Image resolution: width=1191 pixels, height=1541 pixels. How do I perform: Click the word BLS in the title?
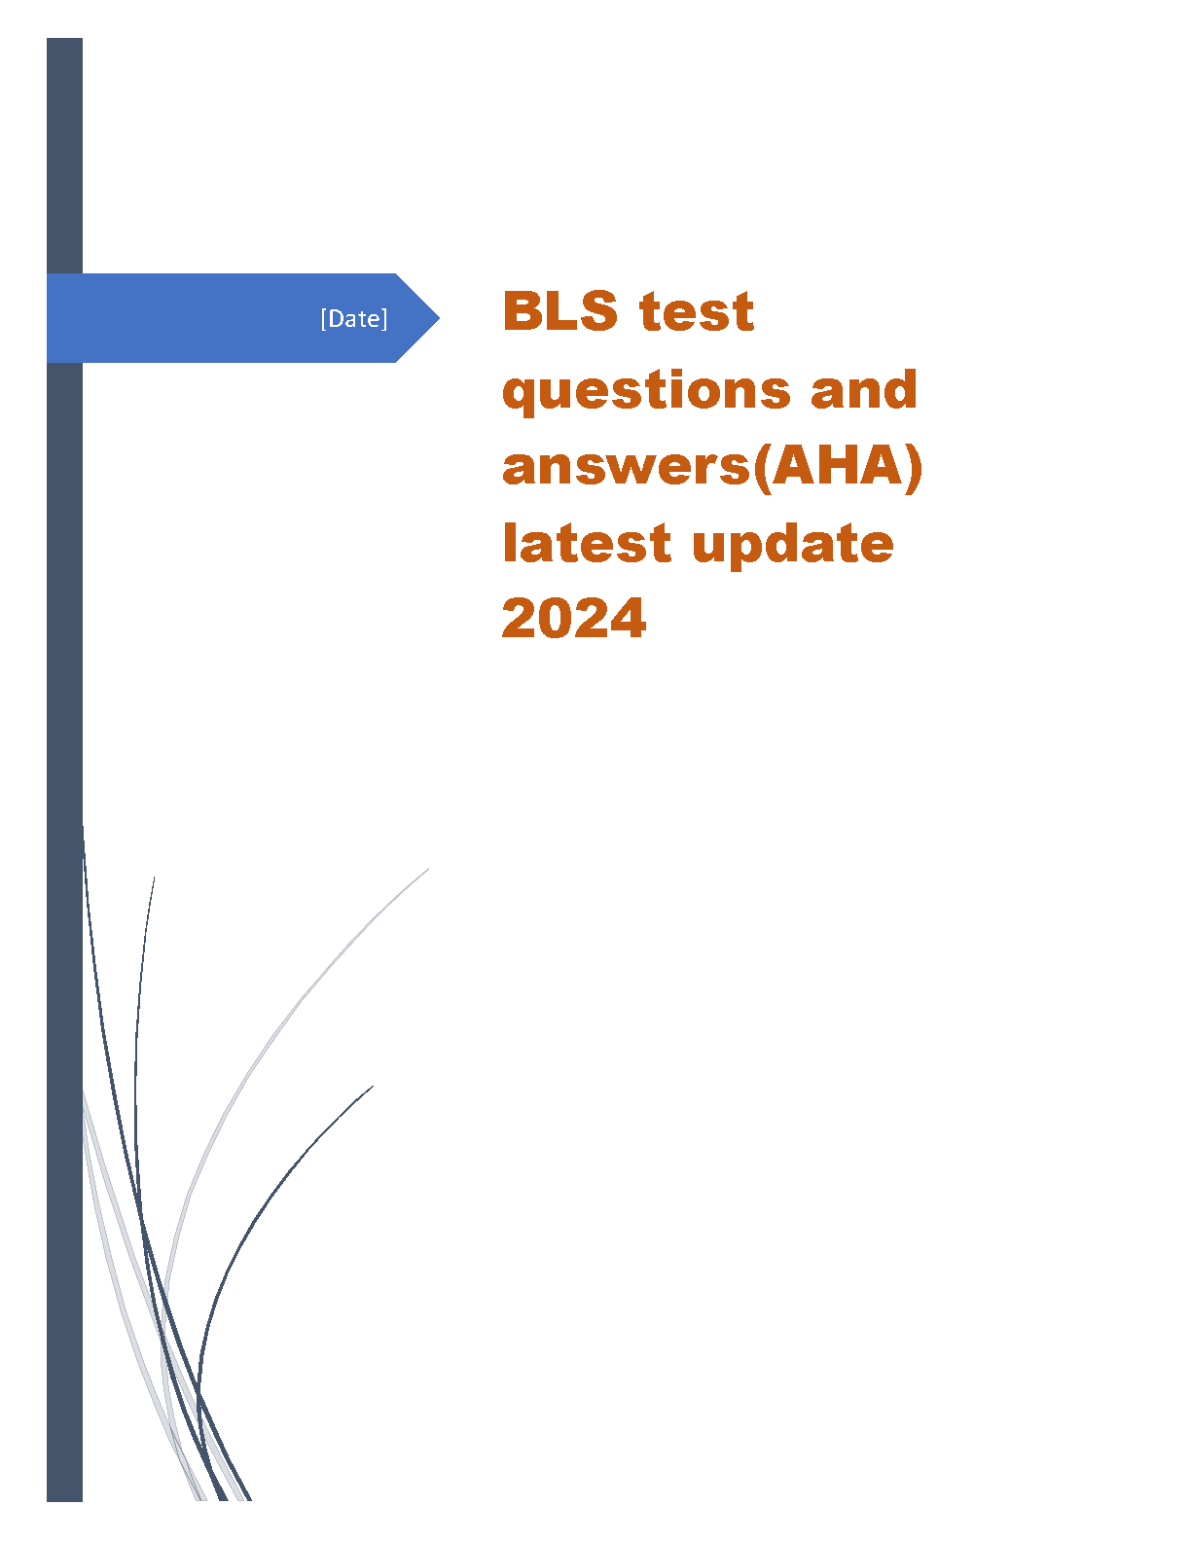tap(559, 310)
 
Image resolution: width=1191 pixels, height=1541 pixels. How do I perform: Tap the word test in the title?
tap(696, 312)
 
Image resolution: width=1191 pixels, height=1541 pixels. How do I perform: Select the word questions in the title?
tap(646, 391)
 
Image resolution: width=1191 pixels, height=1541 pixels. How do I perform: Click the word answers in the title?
tap(627, 468)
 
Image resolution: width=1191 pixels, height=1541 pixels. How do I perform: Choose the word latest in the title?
tap(587, 543)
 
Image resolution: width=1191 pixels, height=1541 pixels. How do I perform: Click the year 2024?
tap(574, 619)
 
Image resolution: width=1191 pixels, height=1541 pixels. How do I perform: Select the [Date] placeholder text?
tap(354, 318)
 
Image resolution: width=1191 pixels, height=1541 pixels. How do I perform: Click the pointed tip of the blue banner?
tap(439, 318)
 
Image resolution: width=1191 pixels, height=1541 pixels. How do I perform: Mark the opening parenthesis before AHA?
tap(761, 468)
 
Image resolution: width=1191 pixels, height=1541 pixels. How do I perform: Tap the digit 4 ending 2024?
tap(628, 619)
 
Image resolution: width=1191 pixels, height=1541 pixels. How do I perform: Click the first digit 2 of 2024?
tap(520, 618)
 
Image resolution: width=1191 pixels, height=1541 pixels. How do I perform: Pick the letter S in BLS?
tap(598, 310)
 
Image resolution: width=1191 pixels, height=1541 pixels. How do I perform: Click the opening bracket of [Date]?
tap(324, 319)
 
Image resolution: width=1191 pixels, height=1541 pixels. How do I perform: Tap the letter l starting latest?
tap(509, 543)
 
